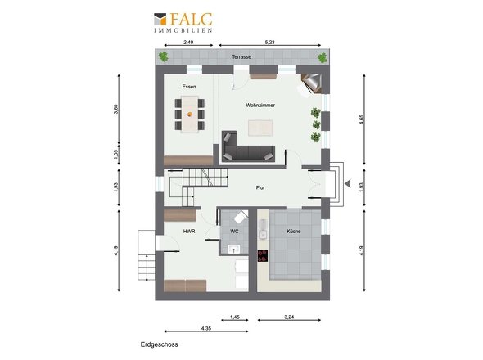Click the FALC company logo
click(183, 22)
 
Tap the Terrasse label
click(241, 57)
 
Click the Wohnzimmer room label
click(260, 106)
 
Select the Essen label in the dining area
click(189, 87)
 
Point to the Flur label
click(260, 187)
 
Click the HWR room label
click(189, 232)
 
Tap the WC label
click(234, 232)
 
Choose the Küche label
click(294, 232)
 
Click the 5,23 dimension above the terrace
click(269, 43)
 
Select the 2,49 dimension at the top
click(188, 43)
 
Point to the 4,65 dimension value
click(362, 119)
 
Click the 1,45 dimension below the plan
click(235, 317)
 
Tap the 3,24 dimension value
click(289, 317)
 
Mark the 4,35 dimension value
click(206, 328)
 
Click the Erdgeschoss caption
click(160, 344)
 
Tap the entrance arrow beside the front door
click(348, 184)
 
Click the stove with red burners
click(263, 255)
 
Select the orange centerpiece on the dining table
click(190, 115)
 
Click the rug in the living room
click(260, 128)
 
